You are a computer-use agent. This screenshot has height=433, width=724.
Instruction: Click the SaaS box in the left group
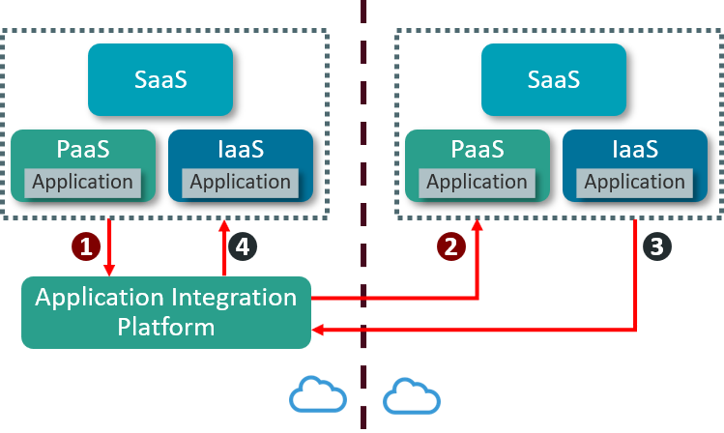[x=160, y=79]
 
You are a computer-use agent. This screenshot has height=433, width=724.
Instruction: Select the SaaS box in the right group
[x=554, y=79]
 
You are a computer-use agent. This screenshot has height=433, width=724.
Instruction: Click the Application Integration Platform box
[x=166, y=311]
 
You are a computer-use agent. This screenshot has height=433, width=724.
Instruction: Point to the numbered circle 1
[x=87, y=246]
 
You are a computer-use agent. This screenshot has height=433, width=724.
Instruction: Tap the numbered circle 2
[x=449, y=246]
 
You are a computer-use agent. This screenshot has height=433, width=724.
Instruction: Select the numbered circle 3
[x=657, y=246]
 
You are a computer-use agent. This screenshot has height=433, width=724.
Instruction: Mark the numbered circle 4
[x=243, y=246]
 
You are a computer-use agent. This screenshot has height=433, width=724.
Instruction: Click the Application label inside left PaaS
[x=83, y=182]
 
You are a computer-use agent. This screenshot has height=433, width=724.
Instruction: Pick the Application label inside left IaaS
[x=241, y=182]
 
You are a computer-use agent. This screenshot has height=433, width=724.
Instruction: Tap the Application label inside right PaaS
[x=477, y=182]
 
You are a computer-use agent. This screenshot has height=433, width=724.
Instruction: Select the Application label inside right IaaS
[x=634, y=182]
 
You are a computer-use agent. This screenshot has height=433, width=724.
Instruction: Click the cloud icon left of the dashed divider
[x=318, y=394]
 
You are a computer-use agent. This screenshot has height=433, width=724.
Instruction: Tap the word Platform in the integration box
[x=166, y=327]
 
